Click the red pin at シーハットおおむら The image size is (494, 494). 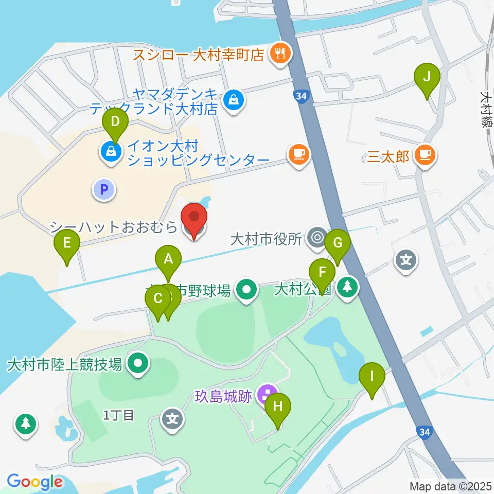coord(194,220)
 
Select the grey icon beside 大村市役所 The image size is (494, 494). coord(316,238)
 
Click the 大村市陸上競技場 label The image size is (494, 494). coord(65,365)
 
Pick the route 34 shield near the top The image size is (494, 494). coord(302,96)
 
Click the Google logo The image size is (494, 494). coord(34,482)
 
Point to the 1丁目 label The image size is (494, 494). coord(119,415)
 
